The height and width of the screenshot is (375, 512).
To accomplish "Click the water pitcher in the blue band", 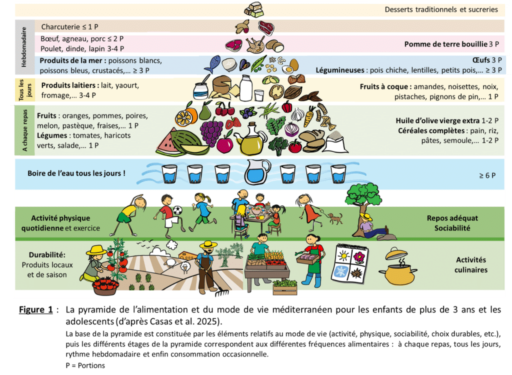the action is tap(257, 172).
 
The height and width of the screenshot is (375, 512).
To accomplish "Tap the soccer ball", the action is tap(177, 210).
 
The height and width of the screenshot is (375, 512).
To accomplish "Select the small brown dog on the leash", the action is tap(335, 218).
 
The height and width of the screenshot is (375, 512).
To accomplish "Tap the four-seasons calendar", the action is tap(349, 263).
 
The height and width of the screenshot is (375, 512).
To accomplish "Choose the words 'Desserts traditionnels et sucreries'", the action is tap(441, 9).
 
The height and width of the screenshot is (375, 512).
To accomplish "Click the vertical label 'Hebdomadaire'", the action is tap(24, 47).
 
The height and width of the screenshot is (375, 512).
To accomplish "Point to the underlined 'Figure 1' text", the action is tap(36, 309).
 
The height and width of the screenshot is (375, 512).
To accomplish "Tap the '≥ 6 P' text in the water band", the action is tap(487, 175).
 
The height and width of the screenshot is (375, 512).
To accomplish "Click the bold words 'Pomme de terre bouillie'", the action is tap(445, 44).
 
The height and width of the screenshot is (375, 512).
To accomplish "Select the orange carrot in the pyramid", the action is tap(309, 116).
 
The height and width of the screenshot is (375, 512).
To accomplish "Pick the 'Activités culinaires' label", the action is tap(471, 265).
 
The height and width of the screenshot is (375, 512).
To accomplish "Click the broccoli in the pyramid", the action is tap(278, 145).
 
